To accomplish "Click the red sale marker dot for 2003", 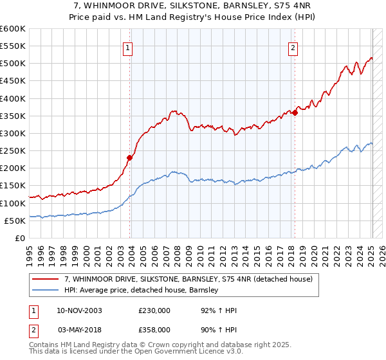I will coord(130,157).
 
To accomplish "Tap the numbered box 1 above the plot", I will coord(128,48).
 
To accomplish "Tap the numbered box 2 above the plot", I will coord(293,48).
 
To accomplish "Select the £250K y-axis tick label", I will coord(13,150).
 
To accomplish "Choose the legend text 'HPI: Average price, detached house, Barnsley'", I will coord(142,290).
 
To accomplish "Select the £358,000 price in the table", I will coord(154,328).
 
